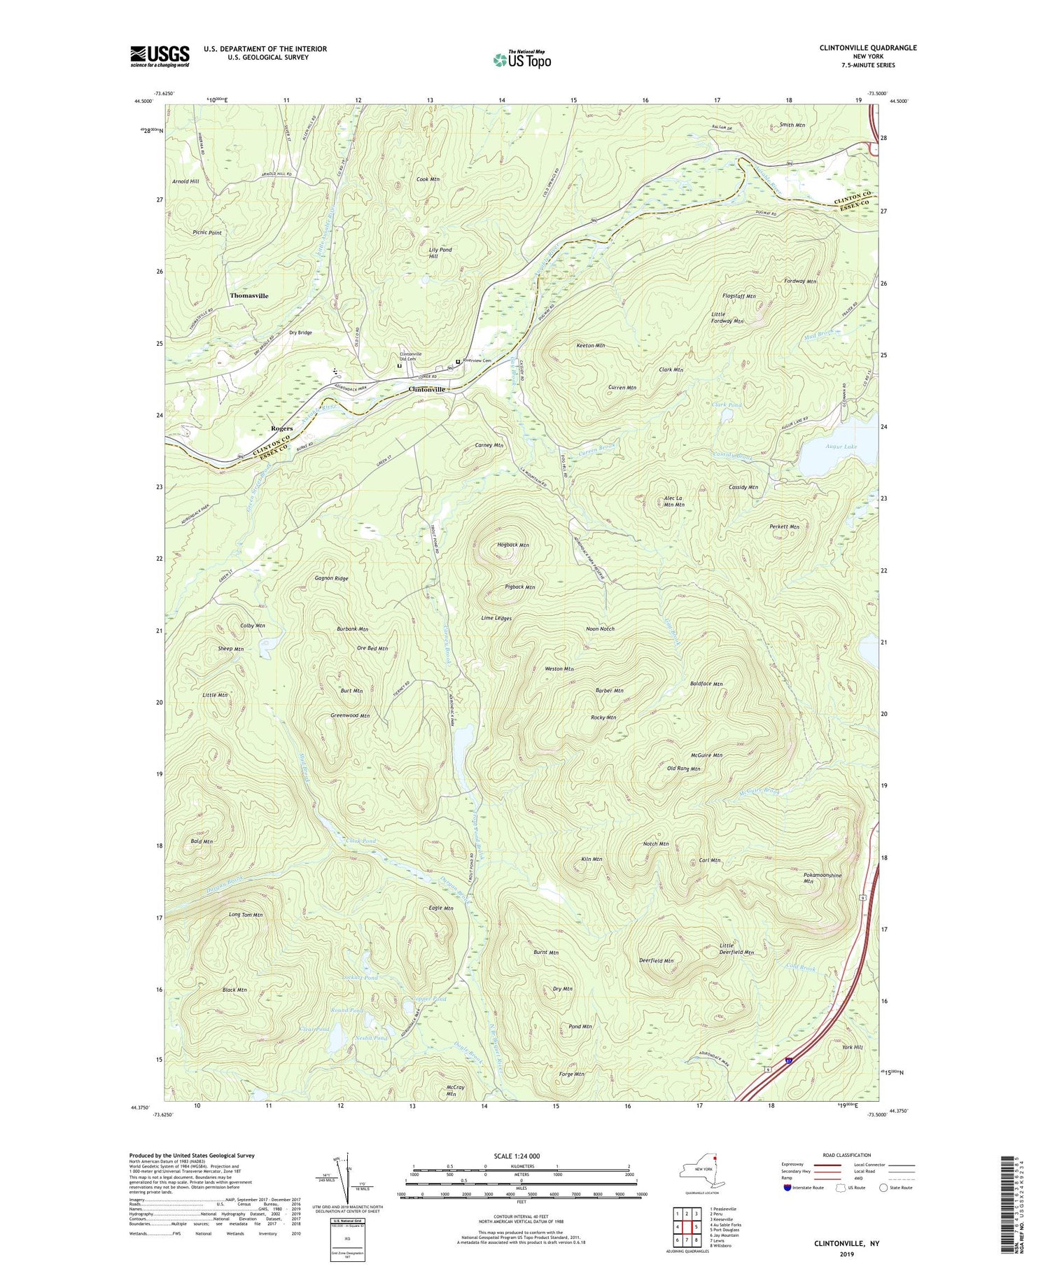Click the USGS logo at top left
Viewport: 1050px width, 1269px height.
[160, 56]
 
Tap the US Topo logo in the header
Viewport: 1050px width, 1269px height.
[521, 59]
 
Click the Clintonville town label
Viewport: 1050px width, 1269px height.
[427, 389]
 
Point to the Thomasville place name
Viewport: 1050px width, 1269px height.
[248, 296]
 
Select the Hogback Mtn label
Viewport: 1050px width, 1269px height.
[512, 545]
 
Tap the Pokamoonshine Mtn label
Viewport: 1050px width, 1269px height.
[822, 878]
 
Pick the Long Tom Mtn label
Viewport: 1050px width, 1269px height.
[245, 915]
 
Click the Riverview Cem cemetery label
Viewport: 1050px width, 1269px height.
[477, 361]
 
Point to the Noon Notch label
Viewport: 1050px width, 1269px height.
[600, 629]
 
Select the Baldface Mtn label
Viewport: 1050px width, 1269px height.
[706, 683]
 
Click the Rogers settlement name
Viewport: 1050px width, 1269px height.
[282, 428]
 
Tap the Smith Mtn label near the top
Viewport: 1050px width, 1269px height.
[792, 125]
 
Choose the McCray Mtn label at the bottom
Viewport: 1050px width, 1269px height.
[455, 1091]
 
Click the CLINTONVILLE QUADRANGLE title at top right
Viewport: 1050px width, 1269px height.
[857, 48]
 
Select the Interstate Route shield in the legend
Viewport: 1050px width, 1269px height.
[790, 1187]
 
